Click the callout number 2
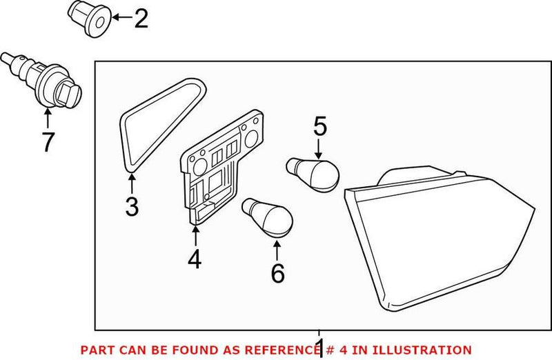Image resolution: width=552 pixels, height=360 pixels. click(140, 19)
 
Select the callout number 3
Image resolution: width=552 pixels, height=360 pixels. click(132, 206)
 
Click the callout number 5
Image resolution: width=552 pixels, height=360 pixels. click(319, 126)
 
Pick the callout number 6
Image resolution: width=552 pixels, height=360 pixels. click(277, 274)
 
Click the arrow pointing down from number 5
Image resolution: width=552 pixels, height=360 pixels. click(319, 146)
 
